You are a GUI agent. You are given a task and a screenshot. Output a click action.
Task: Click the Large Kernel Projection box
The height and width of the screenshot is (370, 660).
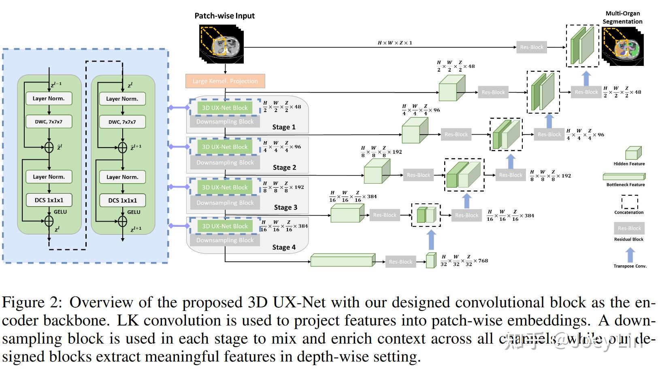[225, 81]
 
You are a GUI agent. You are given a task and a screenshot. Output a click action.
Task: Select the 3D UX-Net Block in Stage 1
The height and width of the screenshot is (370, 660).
[225, 108]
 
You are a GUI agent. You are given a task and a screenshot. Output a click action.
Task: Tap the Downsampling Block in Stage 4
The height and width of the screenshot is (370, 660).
[225, 240]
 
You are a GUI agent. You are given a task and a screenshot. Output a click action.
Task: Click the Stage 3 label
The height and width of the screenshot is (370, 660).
[285, 207]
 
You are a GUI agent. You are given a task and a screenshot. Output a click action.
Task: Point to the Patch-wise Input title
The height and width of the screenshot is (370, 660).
[224, 16]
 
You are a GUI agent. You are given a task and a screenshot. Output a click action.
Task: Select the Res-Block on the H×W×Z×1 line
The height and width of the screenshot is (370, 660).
[531, 47]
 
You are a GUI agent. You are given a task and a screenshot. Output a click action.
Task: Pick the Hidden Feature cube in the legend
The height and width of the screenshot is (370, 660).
[633, 153]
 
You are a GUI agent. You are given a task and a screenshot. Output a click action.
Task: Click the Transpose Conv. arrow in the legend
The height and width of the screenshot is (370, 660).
[630, 255]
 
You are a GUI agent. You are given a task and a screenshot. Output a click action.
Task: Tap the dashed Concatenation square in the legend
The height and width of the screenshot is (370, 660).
[630, 202]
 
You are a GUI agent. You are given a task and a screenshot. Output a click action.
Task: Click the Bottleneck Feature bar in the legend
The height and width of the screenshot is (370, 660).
[624, 177]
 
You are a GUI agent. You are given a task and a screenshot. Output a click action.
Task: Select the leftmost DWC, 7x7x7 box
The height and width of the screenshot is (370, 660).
[49, 122]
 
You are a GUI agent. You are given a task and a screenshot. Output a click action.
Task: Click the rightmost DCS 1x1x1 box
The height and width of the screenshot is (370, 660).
[122, 200]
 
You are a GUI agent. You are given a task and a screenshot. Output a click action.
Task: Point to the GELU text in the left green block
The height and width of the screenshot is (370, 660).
[60, 212]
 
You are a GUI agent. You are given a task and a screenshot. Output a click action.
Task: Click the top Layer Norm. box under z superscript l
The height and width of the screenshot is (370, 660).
[122, 99]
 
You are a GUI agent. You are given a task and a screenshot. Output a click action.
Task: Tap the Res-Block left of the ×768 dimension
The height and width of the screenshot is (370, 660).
[400, 262]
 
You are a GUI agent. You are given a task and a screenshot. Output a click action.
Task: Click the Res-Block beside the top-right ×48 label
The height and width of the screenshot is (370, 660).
[586, 92]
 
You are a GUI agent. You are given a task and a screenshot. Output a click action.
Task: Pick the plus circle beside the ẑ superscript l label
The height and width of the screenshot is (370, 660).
[49, 147]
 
